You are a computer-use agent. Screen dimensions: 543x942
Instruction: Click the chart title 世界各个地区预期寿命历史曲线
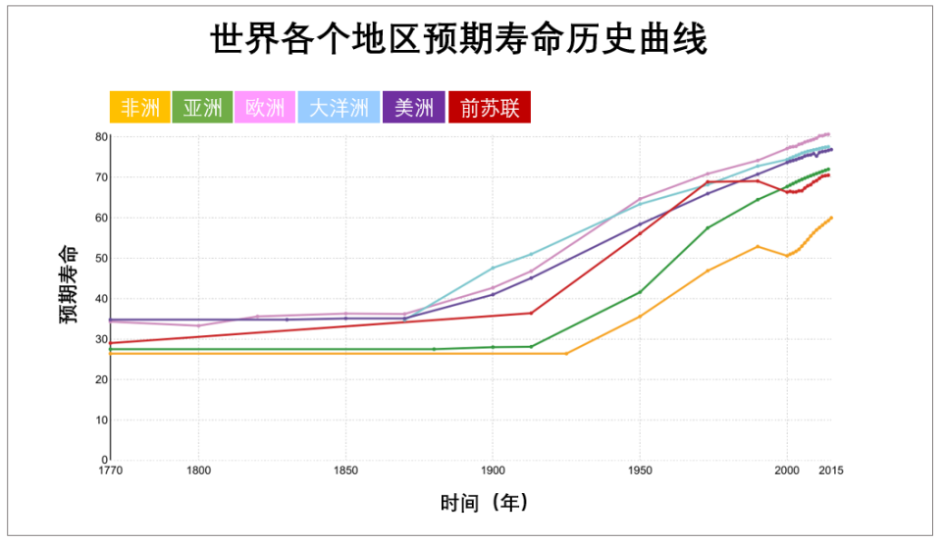458,41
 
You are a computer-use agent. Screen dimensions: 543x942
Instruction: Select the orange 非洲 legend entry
139,108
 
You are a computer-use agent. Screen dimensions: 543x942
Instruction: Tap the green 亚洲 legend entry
202,108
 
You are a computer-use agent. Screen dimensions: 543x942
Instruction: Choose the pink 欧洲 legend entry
265,108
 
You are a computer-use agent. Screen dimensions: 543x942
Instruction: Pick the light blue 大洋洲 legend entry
339,108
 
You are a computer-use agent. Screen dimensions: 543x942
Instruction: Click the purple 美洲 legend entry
413,108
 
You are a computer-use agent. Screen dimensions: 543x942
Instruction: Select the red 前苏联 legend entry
489,108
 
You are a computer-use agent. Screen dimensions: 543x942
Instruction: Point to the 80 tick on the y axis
100,136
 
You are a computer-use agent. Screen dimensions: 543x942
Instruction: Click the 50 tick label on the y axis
100,258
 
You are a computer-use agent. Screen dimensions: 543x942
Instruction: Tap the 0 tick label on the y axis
103,460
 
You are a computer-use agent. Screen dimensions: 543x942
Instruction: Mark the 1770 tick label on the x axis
110,470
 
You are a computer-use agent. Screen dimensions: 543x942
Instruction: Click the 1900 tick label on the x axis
493,470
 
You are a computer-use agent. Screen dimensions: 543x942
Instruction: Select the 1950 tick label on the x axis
640,470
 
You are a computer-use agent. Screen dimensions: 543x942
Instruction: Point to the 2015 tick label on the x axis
831,470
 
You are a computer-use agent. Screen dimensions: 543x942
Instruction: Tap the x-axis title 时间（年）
485,504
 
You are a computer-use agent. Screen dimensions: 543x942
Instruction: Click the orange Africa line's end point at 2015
831,218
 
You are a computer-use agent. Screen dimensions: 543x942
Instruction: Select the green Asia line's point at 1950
640,292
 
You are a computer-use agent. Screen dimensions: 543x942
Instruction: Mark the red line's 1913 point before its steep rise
531,313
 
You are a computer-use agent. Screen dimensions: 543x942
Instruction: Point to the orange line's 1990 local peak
758,246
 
